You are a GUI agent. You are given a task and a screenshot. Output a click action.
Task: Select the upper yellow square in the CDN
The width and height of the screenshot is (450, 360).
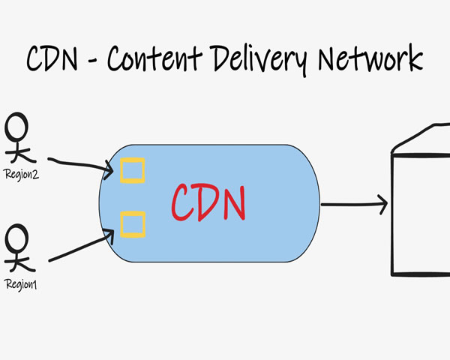point(133,170)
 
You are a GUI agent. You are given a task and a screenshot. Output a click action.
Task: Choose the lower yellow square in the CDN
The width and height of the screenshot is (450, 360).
point(133,223)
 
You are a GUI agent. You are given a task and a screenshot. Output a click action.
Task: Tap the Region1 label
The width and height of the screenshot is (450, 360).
point(20,283)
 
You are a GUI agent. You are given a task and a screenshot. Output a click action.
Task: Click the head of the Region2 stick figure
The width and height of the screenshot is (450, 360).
point(18,126)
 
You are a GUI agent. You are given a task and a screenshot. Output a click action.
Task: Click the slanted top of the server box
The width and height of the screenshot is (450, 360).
point(420,139)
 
